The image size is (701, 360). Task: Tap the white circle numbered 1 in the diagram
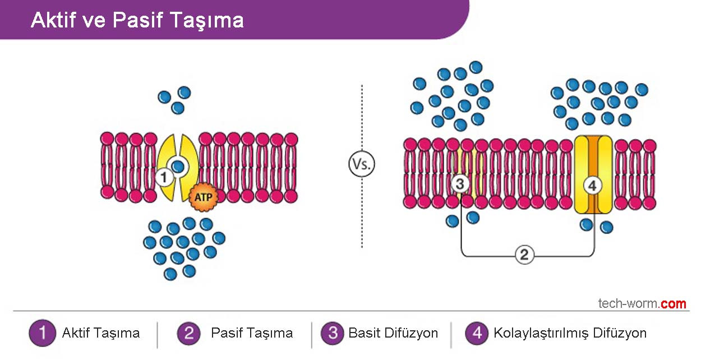click(164, 178)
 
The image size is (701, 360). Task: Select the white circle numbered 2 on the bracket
click(524, 256)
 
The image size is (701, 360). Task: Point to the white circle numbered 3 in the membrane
click(460, 183)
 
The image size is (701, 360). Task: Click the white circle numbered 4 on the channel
click(593, 183)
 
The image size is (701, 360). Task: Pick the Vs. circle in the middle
click(361, 165)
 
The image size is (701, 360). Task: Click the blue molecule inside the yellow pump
click(178, 166)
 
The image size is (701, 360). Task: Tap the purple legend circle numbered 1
click(42, 333)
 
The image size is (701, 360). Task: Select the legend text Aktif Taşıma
click(101, 333)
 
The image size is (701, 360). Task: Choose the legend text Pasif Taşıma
click(252, 333)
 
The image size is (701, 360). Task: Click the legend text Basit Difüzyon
click(393, 333)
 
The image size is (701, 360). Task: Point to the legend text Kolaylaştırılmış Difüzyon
click(570, 333)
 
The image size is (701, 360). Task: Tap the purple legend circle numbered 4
click(477, 333)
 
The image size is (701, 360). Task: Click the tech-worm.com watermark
click(642, 304)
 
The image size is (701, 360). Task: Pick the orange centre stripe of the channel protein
click(593, 154)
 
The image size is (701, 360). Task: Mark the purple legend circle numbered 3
click(332, 333)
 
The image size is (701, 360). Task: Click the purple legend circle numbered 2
click(188, 333)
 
